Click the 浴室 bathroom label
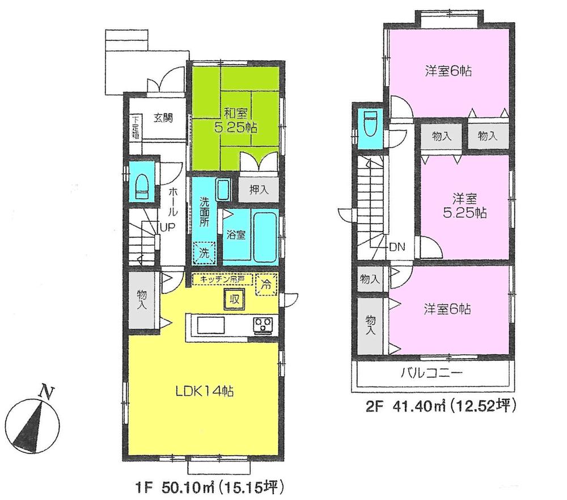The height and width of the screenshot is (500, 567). click(x=236, y=235)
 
